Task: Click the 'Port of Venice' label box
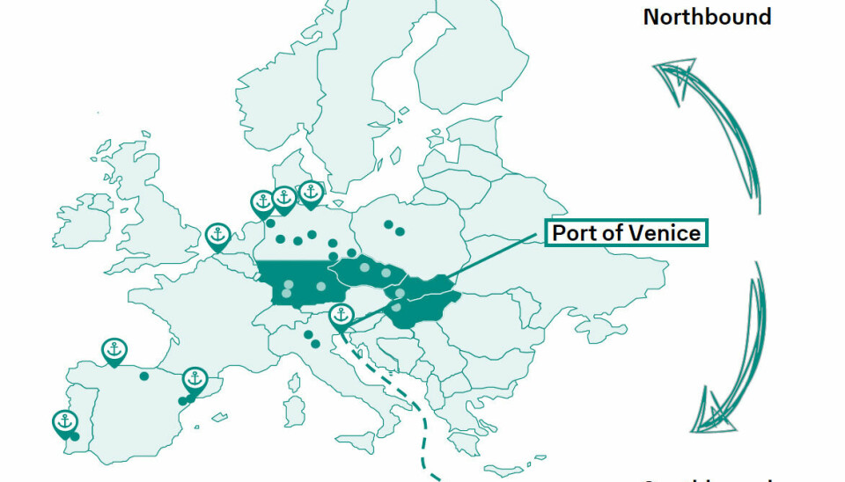click(626, 233)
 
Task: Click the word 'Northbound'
click(707, 17)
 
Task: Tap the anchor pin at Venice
click(341, 316)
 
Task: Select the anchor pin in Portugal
click(63, 423)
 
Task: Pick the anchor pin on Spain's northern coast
click(114, 350)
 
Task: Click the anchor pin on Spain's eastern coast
click(195, 381)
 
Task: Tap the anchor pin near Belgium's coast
click(217, 236)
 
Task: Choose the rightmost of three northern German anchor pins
click(310, 192)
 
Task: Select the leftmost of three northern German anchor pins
click(262, 202)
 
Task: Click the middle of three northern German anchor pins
click(284, 199)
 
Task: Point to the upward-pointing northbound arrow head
click(672, 74)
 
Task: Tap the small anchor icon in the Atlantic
click(99, 113)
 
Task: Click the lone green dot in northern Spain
click(144, 376)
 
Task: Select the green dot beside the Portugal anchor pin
click(76, 436)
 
